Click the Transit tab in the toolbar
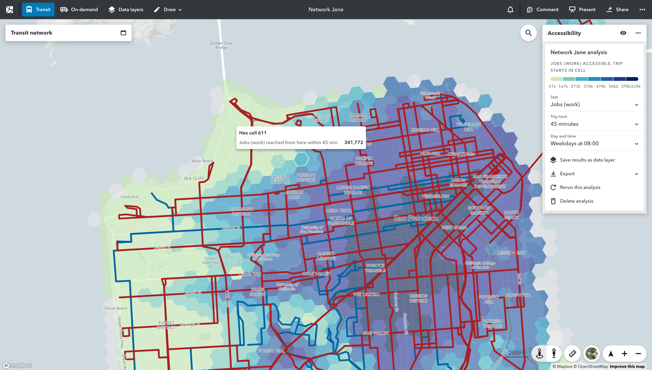(x=38, y=10)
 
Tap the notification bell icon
(x=510, y=10)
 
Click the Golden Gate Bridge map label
(x=221, y=45)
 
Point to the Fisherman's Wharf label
(x=430, y=95)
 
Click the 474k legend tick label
(x=601, y=86)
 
